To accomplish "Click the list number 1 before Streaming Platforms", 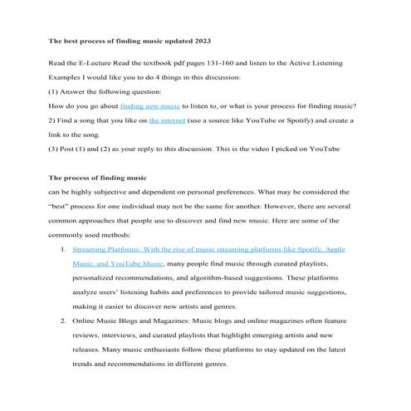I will coord(64,249).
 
